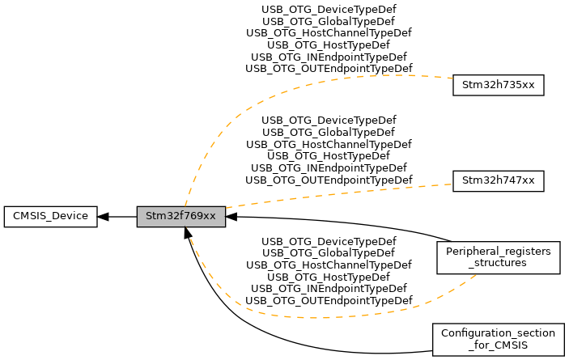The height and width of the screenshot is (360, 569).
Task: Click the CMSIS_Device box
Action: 50,216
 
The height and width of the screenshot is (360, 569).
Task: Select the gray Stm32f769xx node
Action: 180,216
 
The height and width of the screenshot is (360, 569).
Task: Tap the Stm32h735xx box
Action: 498,85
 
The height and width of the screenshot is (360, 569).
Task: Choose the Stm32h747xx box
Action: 498,180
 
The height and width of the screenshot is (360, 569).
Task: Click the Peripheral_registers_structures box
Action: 498,257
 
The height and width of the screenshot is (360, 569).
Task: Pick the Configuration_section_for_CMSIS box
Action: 498,340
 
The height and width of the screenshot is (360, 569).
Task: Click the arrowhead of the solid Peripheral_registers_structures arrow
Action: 231,216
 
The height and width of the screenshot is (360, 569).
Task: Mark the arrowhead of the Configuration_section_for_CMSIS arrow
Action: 188,233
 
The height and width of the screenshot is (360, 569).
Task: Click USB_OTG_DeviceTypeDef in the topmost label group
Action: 329,10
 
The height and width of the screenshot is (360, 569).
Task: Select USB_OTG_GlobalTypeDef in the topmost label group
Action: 329,21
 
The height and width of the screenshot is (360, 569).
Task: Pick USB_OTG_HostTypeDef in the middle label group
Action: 329,155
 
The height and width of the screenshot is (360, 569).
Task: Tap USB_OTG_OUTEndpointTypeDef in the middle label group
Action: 329,179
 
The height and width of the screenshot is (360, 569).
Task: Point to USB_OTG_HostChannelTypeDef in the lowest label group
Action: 329,265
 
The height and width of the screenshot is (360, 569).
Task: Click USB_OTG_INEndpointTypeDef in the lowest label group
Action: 329,288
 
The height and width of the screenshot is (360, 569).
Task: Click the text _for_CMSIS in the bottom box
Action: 498,345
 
